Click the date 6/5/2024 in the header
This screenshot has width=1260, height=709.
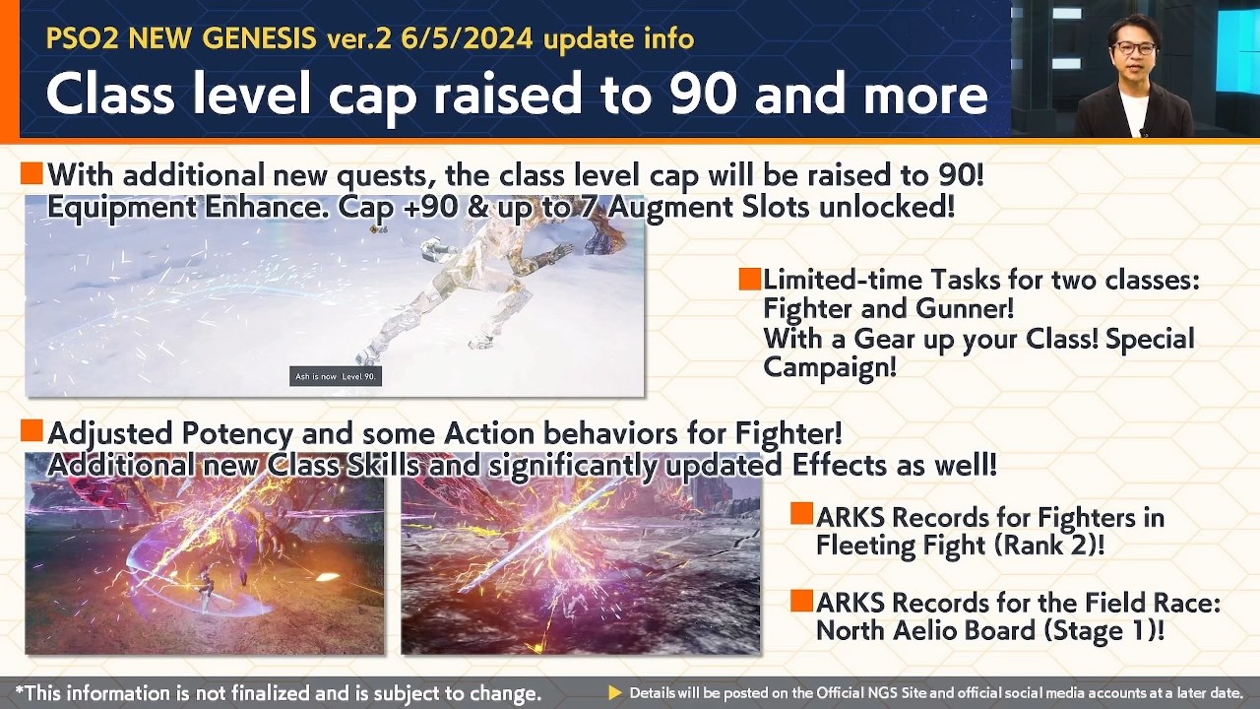coord(467,38)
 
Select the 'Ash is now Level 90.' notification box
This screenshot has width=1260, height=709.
coord(336,376)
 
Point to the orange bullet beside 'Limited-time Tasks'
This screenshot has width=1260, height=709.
coord(750,279)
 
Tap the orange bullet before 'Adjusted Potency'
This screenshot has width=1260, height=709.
coord(31,430)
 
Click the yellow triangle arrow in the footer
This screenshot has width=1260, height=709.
coord(615,692)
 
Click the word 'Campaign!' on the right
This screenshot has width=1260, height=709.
coord(830,368)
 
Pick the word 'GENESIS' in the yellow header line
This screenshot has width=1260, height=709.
coord(259,38)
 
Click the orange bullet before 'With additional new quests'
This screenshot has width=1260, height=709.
coord(31,172)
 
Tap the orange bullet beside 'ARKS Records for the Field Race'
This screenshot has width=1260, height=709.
coord(801,601)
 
